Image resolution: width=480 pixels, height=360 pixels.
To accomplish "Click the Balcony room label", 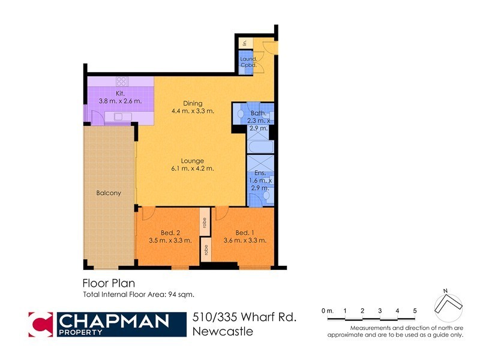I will pos(109,193).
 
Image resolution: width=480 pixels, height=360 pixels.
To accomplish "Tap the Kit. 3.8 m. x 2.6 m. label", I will pos(120,97).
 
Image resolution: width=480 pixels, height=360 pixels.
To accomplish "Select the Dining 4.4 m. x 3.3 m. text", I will pos(193,107).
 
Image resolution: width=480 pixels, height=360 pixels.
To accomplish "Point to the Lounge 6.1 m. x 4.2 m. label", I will pos(193,164).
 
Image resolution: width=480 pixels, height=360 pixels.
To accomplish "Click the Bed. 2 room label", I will pos(170,236).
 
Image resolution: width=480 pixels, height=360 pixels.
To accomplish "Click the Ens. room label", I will pos(260,181).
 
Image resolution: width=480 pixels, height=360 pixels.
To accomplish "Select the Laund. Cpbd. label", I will pos(248,62).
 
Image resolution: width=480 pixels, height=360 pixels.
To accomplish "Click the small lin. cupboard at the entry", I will pos(244,43).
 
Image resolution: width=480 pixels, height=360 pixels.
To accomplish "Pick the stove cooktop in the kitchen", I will pos(121,81).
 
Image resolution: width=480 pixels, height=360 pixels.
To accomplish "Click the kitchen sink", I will pos(119,116).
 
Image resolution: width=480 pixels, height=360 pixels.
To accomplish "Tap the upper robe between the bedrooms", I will pos(205,221).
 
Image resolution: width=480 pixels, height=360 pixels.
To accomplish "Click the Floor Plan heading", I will pos(108,283).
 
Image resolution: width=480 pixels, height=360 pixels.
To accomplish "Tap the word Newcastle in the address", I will pos(223,331).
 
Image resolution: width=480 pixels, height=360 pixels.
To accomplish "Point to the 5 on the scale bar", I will pos(415,310).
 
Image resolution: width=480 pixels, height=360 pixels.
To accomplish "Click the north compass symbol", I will pos(447,305).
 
